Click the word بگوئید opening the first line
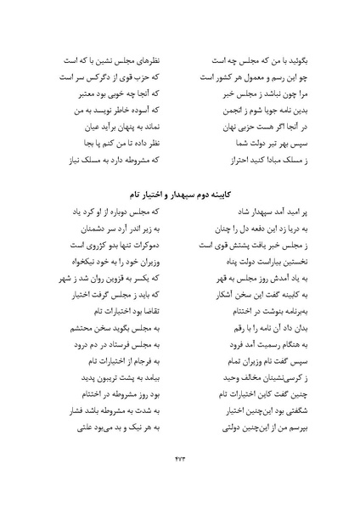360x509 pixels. (284, 62)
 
